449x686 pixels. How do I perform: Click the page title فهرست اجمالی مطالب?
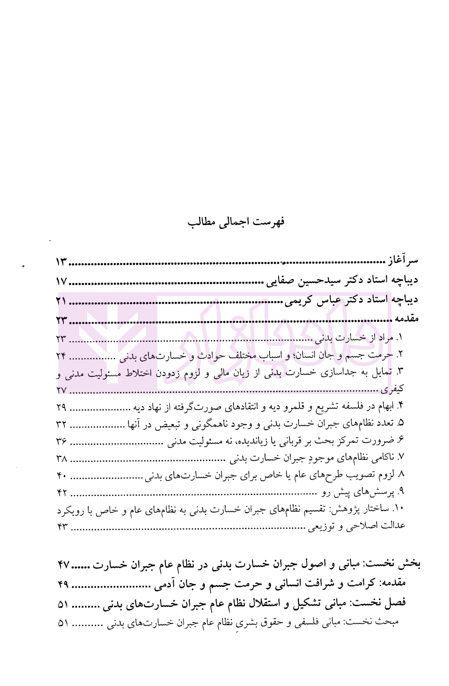pos(236,222)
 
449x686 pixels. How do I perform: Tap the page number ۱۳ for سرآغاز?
pos(61,263)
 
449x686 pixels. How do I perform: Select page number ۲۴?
pos(61,356)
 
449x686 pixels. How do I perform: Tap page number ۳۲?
pos(61,424)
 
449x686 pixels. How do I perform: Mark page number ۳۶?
pos(61,441)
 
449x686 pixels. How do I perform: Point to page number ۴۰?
pos(61,476)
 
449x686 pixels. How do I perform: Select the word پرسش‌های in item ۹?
pos(374,492)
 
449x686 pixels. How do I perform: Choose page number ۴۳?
pos(61,527)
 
